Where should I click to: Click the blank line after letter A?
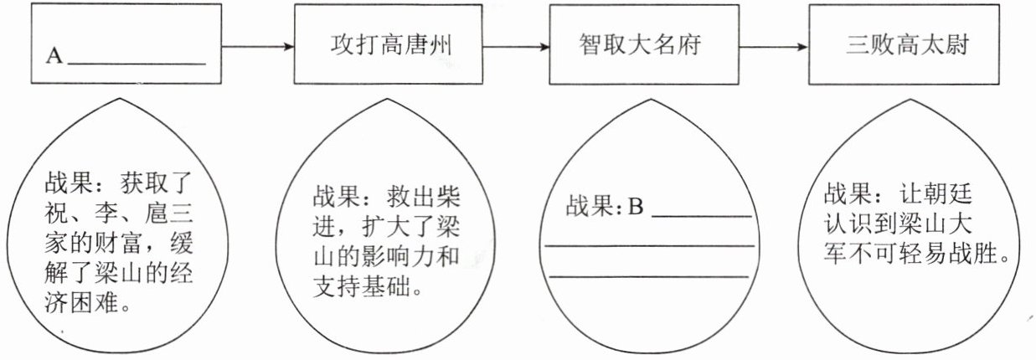[x=137, y=64]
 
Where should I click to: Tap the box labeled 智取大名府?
[x=639, y=45]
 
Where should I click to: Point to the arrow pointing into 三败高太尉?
[x=768, y=46]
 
